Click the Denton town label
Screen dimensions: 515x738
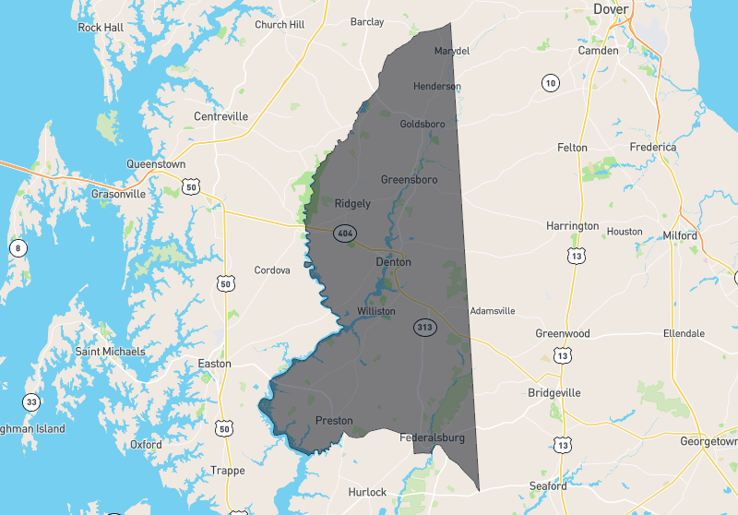[x=394, y=262]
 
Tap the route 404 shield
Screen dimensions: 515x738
[x=345, y=233]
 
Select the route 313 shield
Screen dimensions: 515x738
[x=424, y=328]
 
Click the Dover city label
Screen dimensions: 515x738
[x=637, y=9]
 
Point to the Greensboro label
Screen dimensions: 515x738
[x=409, y=179]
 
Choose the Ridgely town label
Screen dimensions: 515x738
[x=352, y=203]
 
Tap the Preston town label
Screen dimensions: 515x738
[x=334, y=421]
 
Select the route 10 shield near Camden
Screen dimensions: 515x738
[x=550, y=84]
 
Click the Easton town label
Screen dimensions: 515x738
[x=215, y=364]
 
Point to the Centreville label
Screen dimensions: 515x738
[x=221, y=116]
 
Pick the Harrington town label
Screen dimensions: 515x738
[x=572, y=226]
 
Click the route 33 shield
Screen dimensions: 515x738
[x=31, y=402]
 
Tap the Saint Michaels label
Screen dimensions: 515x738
[x=111, y=352]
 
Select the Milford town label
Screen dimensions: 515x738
[x=680, y=235]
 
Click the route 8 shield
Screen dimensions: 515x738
[x=17, y=247]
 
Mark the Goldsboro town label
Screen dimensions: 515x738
[x=423, y=124]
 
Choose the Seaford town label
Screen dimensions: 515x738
[x=548, y=486]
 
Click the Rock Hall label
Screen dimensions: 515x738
[x=101, y=28]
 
